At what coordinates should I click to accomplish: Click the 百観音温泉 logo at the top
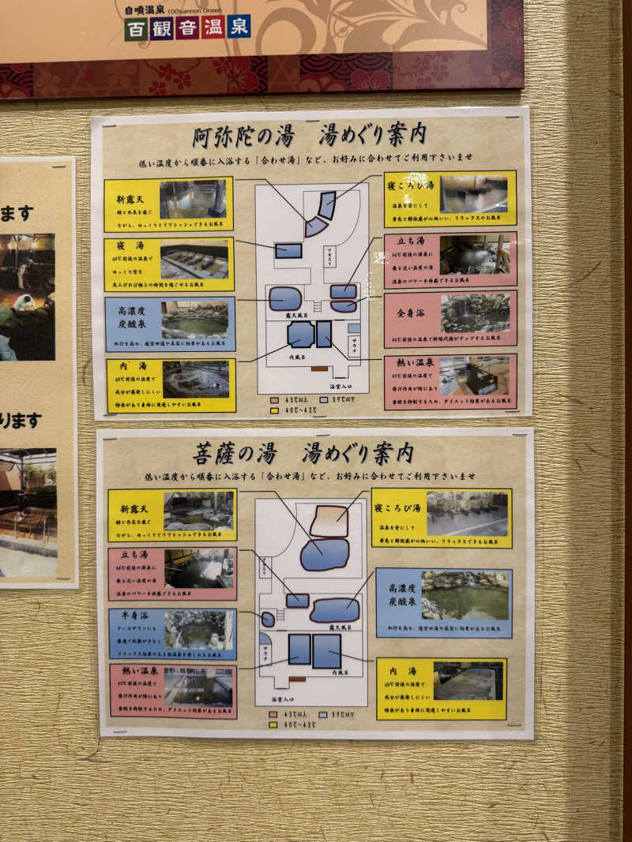click(x=187, y=27)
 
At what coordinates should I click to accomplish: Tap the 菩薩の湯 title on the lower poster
click(x=235, y=453)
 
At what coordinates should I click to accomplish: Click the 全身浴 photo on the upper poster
click(x=474, y=313)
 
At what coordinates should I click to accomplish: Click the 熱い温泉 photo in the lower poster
click(x=198, y=687)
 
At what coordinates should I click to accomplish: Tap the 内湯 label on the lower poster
click(x=401, y=672)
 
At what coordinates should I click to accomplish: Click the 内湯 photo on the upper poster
click(x=195, y=379)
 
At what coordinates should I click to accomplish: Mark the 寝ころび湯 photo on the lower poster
click(x=467, y=514)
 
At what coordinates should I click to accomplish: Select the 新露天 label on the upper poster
click(x=130, y=189)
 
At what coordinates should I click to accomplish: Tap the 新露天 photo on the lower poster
click(x=197, y=511)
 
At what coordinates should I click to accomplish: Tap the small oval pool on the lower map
click(x=268, y=619)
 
